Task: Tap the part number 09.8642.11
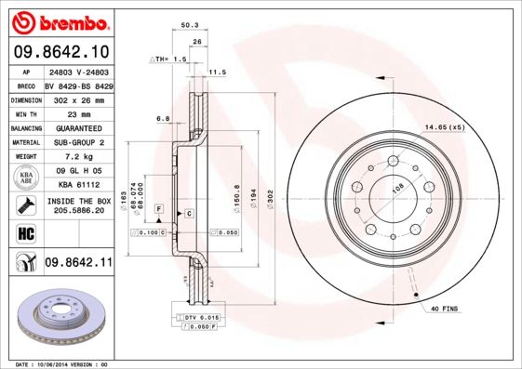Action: (78, 263)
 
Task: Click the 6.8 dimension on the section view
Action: (162, 118)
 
